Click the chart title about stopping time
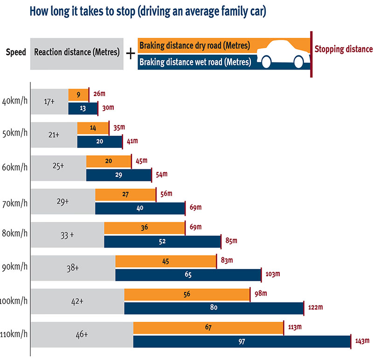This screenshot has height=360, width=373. click(x=147, y=12)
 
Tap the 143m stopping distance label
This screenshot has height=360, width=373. click(x=361, y=341)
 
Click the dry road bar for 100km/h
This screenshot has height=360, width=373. click(x=186, y=295)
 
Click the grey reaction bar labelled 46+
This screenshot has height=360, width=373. click(x=82, y=334)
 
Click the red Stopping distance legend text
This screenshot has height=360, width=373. click(x=343, y=49)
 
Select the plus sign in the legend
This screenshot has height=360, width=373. click(x=131, y=53)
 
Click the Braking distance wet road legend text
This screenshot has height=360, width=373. click(x=195, y=62)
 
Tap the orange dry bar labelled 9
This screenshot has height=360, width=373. click(x=78, y=95)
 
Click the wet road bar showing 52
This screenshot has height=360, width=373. click(x=162, y=242)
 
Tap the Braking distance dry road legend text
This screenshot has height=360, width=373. click(x=194, y=46)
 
